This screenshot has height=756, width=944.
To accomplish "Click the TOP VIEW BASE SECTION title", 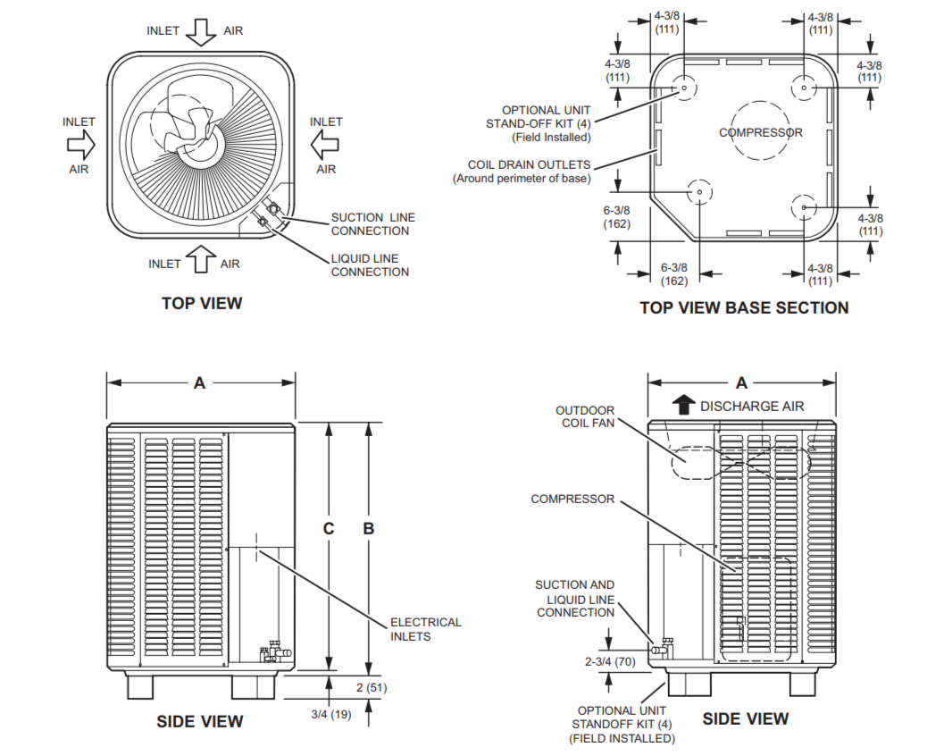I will click(744, 307).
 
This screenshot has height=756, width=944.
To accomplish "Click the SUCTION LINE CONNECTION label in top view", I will click(372, 223).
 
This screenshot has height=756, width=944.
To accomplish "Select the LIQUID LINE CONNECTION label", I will click(370, 265).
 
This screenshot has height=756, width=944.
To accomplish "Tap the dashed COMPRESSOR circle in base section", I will click(760, 130).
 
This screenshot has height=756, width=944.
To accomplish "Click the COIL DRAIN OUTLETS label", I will click(529, 171).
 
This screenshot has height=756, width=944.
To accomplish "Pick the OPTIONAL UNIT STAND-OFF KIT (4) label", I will click(538, 123).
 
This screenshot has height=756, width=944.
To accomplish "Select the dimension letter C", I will click(329, 528).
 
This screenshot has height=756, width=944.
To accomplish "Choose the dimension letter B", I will click(368, 528).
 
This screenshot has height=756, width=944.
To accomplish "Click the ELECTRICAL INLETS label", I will click(425, 629).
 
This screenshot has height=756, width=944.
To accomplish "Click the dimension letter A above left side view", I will click(200, 382).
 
